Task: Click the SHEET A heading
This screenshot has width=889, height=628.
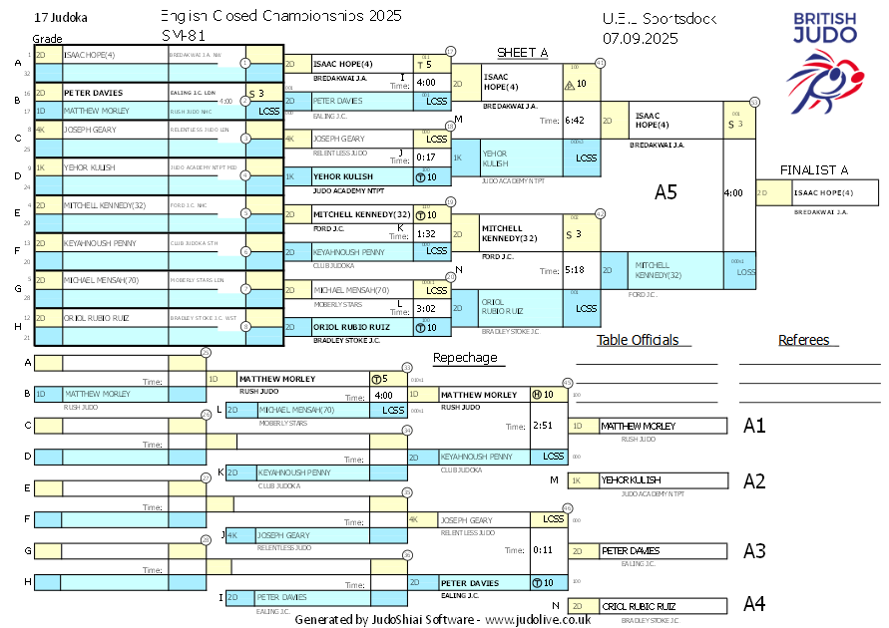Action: point(523,53)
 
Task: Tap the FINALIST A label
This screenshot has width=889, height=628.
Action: point(814,170)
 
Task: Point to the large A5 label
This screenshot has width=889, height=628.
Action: point(666,191)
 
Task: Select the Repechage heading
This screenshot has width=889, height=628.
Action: point(465,358)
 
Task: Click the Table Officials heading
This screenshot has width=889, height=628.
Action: point(637,340)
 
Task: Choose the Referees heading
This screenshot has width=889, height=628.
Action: point(804,340)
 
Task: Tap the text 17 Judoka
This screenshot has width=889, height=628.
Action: point(60,18)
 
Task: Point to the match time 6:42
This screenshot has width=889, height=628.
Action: point(574,121)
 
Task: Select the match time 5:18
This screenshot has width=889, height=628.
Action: point(574,269)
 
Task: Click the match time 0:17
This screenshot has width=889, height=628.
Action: point(426,157)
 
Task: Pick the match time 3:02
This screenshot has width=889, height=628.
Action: point(426,309)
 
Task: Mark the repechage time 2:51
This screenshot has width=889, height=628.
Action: point(543,426)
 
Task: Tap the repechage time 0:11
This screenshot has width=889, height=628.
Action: point(543,550)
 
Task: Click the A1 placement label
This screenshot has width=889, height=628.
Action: point(754,426)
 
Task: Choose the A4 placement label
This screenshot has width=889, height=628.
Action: point(754,604)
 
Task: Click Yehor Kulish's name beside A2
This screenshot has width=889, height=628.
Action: point(630,480)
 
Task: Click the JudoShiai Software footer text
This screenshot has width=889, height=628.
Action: point(442,619)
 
